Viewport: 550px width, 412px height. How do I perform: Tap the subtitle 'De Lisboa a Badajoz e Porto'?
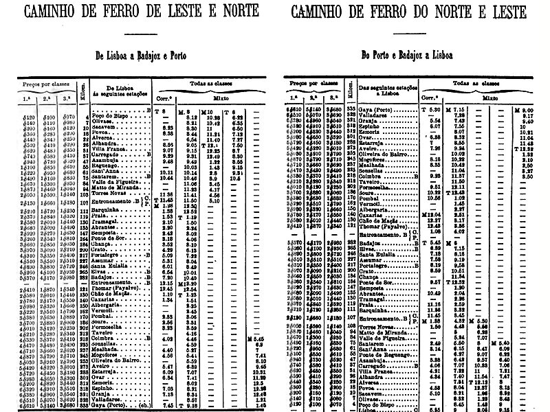tap(147, 58)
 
